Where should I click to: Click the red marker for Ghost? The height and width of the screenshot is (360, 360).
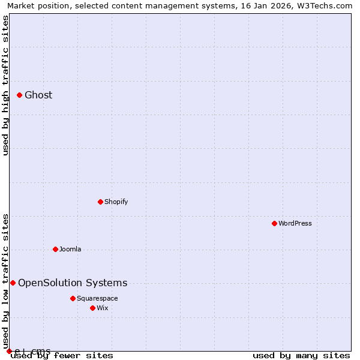pyautogui.click(x=19, y=95)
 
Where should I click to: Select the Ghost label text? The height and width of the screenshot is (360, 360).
pyautogui.click(x=38, y=95)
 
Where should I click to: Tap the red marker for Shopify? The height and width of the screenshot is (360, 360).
pyautogui.click(x=100, y=202)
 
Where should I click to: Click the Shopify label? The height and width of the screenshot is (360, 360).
pyautogui.click(x=116, y=202)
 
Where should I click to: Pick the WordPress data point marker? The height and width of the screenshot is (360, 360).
pyautogui.click(x=274, y=223)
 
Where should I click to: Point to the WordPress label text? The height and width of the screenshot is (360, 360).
pyautogui.click(x=295, y=223)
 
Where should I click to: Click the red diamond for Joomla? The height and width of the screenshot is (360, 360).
pyautogui.click(x=55, y=249)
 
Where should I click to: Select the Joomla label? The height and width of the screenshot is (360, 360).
pyautogui.click(x=70, y=249)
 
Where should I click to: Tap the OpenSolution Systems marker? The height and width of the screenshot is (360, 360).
pyautogui.click(x=13, y=283)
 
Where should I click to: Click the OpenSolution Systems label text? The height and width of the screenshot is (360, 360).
pyautogui.click(x=73, y=283)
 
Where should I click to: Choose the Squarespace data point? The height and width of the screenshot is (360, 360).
pyautogui.click(x=73, y=298)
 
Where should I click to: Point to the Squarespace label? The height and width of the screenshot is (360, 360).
pyautogui.click(x=97, y=298)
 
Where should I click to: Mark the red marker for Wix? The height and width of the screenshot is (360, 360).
pyautogui.click(x=92, y=308)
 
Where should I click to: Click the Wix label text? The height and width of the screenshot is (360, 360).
pyautogui.click(x=103, y=308)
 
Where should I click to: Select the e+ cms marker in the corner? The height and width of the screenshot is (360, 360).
pyautogui.click(x=9, y=351)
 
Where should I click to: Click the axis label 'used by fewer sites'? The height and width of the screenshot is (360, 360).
pyautogui.click(x=62, y=355)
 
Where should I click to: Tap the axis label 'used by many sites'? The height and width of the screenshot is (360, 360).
pyautogui.click(x=301, y=355)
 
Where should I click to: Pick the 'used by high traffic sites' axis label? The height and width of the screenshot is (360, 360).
pyautogui.click(x=5, y=85)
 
